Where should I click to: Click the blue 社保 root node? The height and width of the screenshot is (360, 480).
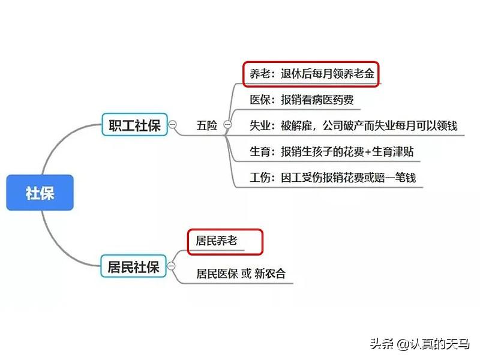pos(40,193)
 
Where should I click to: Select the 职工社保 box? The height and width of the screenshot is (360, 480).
pos(134,125)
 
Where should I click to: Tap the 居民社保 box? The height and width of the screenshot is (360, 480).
pos(134,266)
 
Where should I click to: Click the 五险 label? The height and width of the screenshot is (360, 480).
pos(206,125)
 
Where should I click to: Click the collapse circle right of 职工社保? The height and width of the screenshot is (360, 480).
pos(173,125)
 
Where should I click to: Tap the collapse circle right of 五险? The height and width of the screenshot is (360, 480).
pos(227,125)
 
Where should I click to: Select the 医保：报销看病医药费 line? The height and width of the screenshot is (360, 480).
pos(301,100)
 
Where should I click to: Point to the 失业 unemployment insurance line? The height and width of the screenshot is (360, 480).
pos(353,126)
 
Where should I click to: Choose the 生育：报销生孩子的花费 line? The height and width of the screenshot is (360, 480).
pos(331,152)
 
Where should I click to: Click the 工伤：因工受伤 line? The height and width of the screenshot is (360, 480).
pos(332,178)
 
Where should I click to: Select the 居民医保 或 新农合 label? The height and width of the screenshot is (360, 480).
pos(241,274)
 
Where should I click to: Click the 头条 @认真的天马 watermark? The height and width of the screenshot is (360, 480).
pos(419,344)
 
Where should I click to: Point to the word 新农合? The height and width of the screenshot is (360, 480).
pos(270,274)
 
